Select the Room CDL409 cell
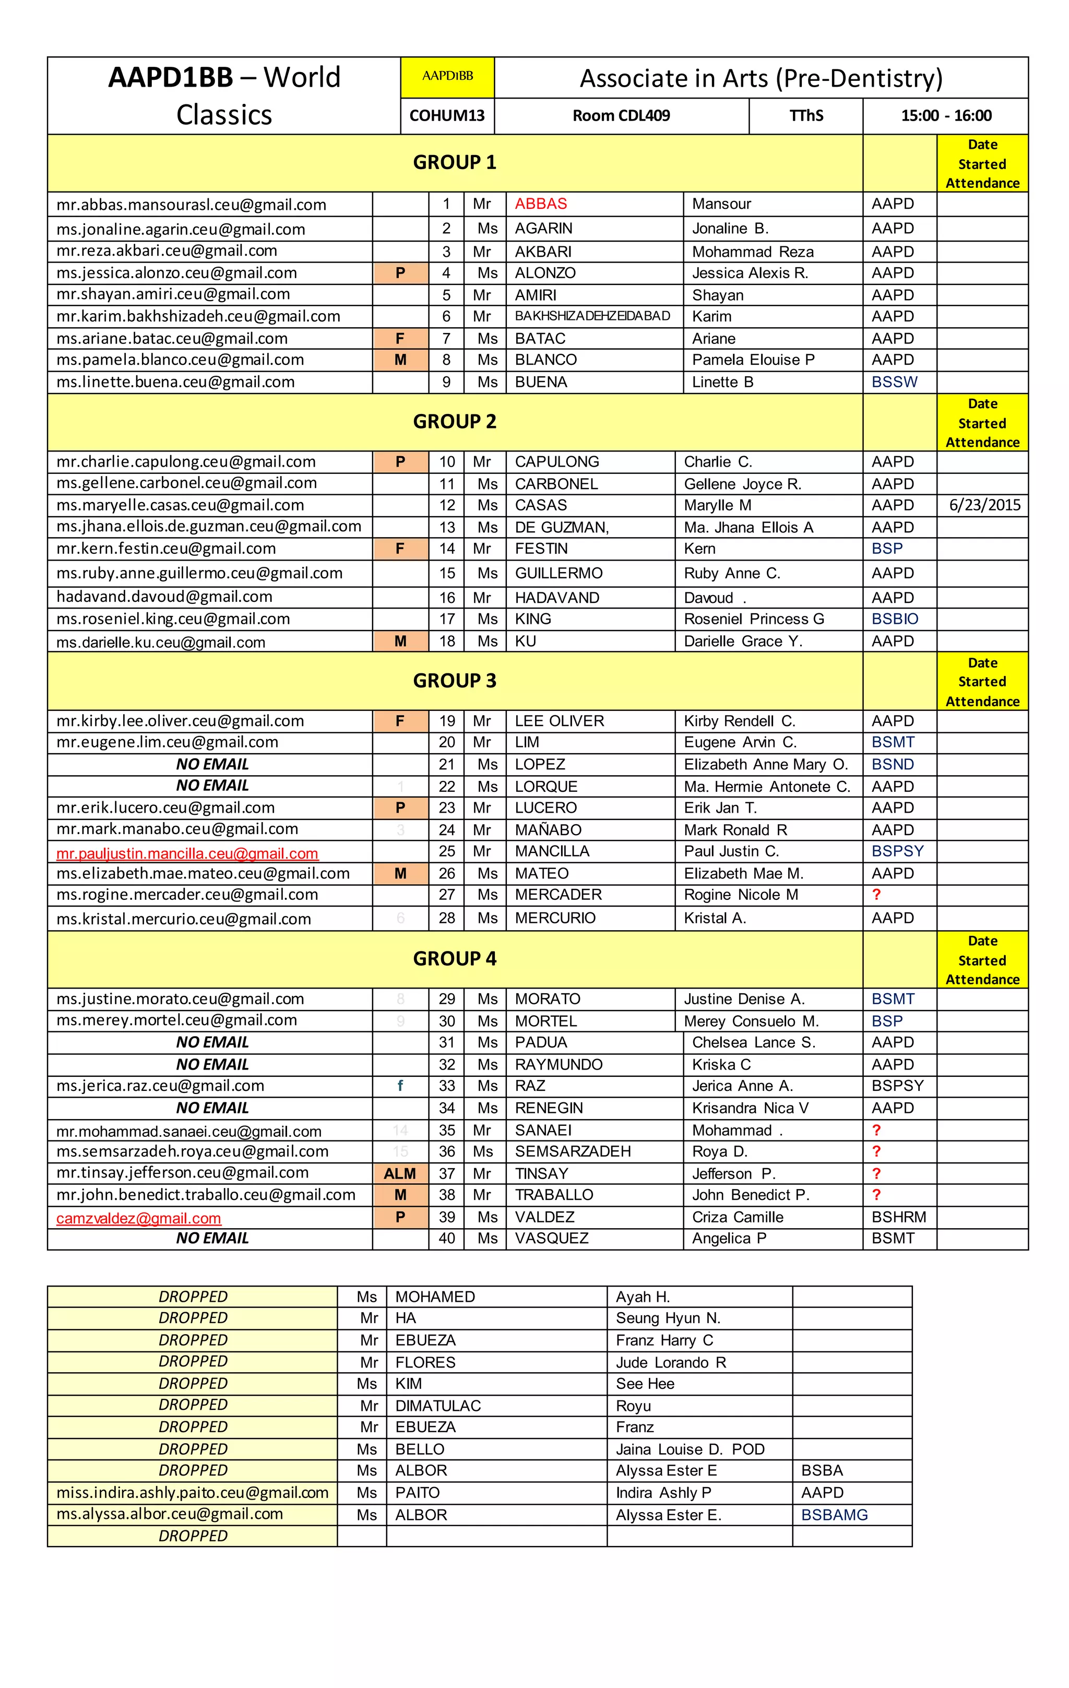(x=621, y=116)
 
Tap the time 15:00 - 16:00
(x=946, y=116)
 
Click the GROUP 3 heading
(x=454, y=681)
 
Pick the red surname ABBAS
(x=540, y=204)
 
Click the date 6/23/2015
(x=984, y=505)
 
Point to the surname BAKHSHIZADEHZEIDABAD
(x=592, y=316)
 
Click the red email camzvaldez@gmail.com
(x=139, y=1218)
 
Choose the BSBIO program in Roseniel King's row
(x=895, y=619)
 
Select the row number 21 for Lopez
(x=446, y=765)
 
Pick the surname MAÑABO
(x=548, y=830)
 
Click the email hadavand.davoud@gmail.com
(x=164, y=597)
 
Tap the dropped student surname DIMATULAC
(x=438, y=1406)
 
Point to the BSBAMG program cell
(x=834, y=1515)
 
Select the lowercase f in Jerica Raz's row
(x=400, y=1086)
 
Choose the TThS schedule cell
(x=806, y=116)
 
